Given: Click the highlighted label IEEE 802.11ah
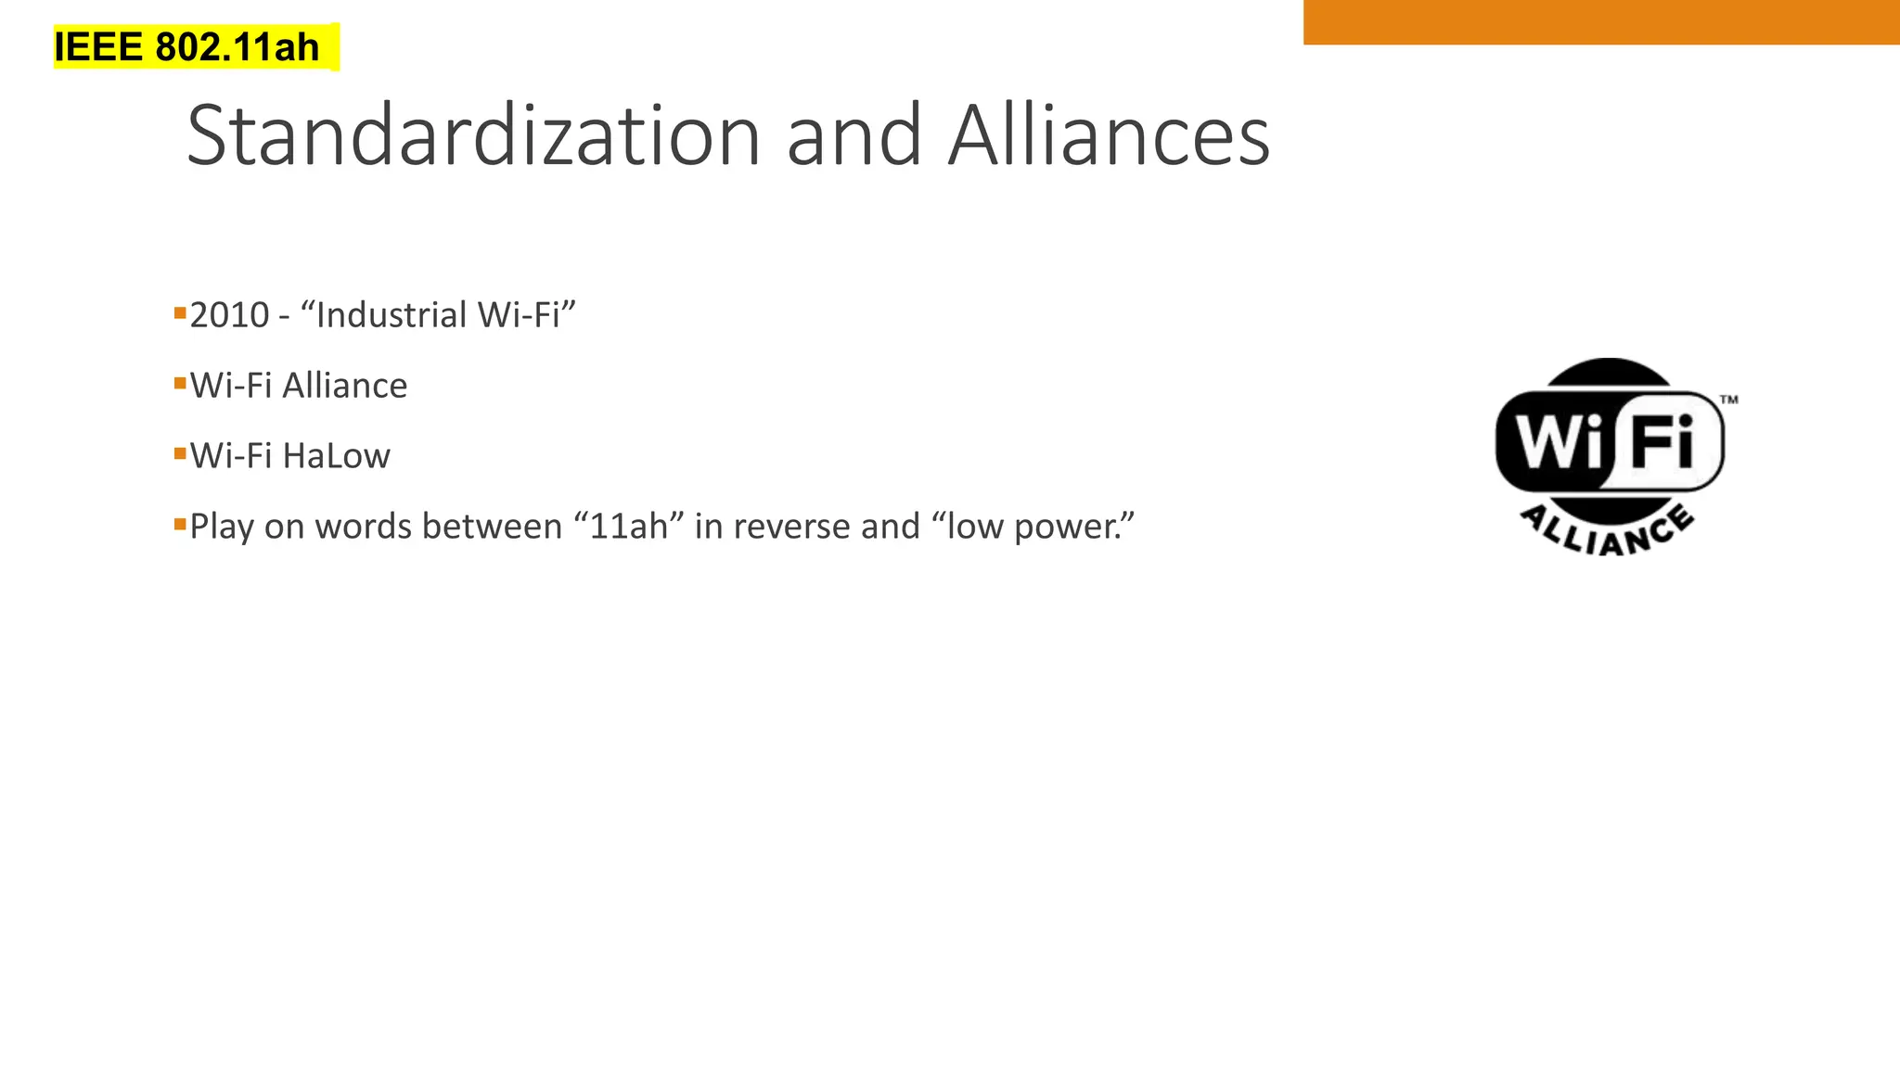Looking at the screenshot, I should [x=186, y=47].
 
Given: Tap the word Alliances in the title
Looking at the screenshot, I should [x=1109, y=136].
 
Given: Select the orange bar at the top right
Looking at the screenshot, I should [x=1600, y=21].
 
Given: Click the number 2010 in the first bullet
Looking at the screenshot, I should [x=229, y=315].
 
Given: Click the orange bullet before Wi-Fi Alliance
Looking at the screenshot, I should [x=180, y=382].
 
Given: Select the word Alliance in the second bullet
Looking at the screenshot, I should [x=344, y=386].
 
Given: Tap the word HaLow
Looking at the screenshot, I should [x=336, y=456].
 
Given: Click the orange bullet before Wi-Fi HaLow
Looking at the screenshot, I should [x=180, y=452].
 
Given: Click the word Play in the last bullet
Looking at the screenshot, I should [x=222, y=527].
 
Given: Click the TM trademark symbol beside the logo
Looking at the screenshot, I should [x=1729, y=400].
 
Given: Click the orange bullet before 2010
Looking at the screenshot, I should [x=180, y=311].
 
